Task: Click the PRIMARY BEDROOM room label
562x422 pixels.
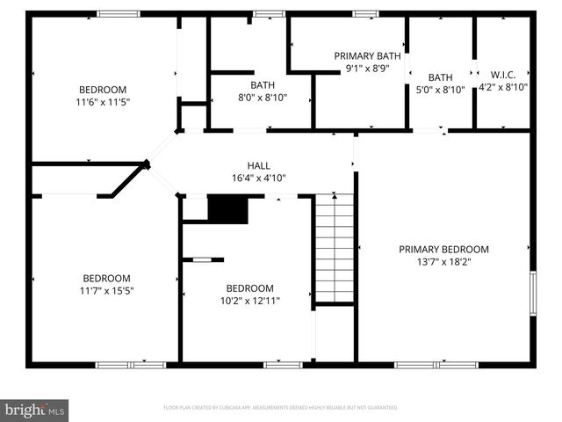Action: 443,249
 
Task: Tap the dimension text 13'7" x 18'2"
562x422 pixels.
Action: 443,261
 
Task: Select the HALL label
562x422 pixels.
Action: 258,165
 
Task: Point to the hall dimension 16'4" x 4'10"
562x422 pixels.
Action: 258,178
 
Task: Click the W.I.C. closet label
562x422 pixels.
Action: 504,75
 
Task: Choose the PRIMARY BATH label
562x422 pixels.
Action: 367,55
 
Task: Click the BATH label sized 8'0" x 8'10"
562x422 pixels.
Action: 263,85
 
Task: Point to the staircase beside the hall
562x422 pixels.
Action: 335,248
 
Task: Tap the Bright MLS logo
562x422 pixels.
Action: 35,409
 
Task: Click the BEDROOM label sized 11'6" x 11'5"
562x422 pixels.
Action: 103,90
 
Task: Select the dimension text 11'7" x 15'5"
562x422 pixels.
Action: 105,289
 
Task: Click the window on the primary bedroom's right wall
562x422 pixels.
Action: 532,292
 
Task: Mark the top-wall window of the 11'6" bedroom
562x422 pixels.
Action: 118,13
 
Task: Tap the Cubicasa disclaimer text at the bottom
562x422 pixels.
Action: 281,408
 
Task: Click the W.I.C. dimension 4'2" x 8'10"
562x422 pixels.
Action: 504,87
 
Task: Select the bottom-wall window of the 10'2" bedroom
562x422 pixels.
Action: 283,364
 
